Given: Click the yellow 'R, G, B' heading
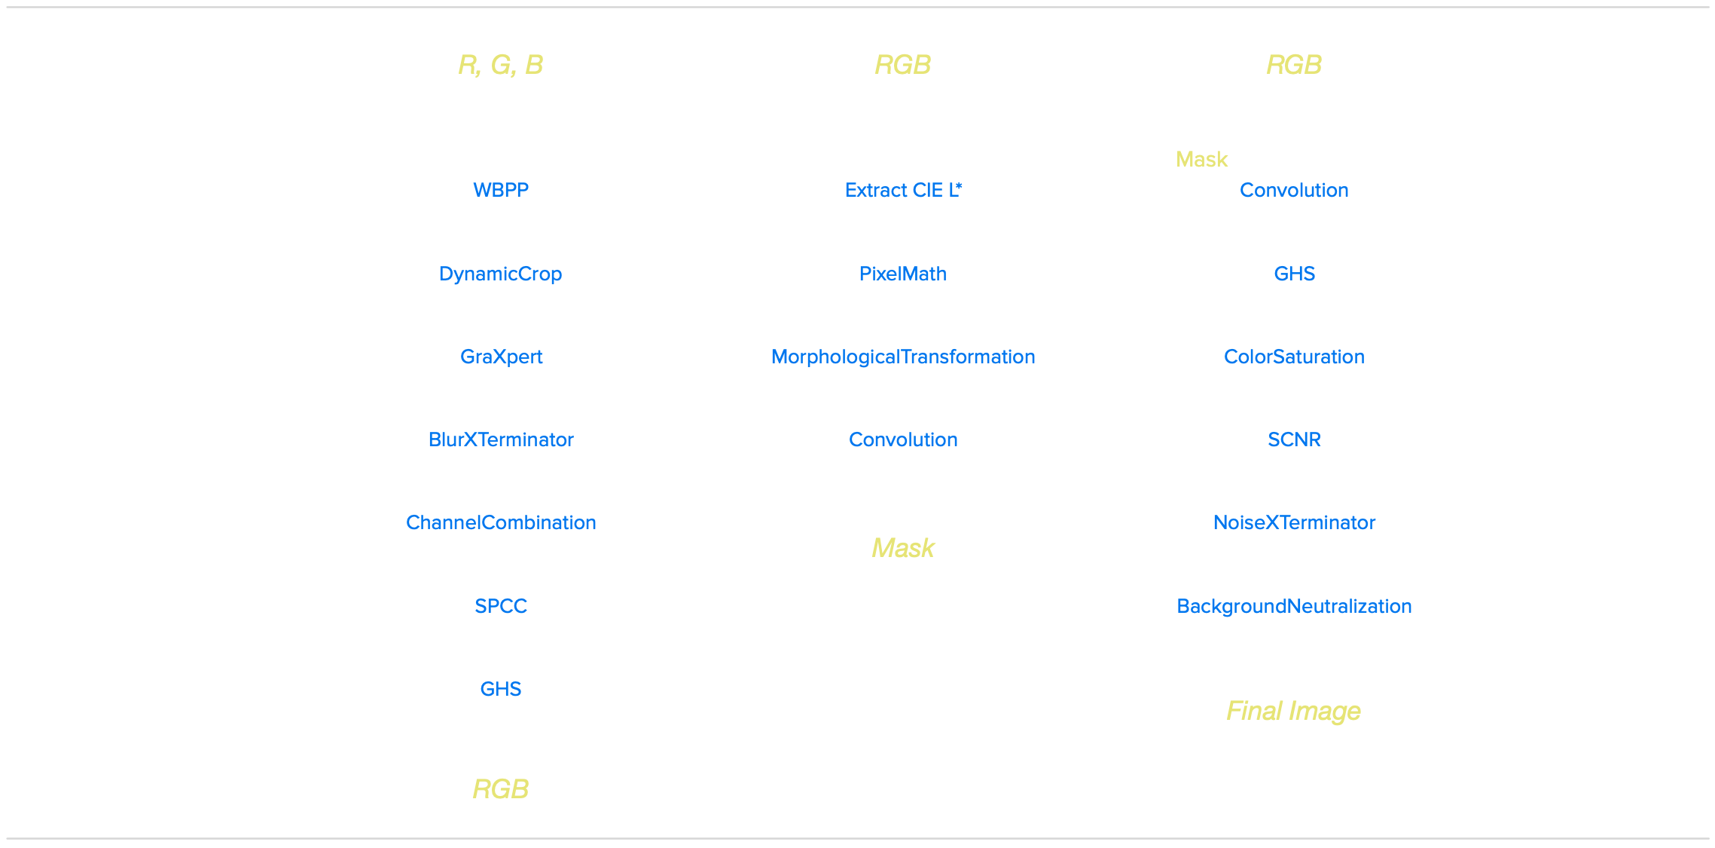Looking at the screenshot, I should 500,65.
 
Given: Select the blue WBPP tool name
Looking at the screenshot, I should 501,190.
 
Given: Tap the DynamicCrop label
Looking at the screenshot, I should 500,274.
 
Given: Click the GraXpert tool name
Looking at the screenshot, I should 501,357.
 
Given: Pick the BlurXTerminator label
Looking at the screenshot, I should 501,439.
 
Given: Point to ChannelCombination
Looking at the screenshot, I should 501,522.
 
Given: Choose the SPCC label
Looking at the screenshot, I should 501,606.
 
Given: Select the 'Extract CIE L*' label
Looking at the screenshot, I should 903,190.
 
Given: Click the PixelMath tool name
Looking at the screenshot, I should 902,274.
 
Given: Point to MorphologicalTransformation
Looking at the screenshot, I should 903,357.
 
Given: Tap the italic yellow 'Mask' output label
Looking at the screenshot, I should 903,548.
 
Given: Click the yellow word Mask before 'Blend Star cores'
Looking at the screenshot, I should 1202,160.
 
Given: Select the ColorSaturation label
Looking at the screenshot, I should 1294,357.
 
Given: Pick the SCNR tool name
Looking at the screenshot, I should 1294,439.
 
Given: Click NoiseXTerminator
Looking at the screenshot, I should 1294,522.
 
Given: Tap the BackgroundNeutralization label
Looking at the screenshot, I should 1294,606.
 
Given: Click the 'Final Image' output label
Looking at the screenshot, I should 1293,711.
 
